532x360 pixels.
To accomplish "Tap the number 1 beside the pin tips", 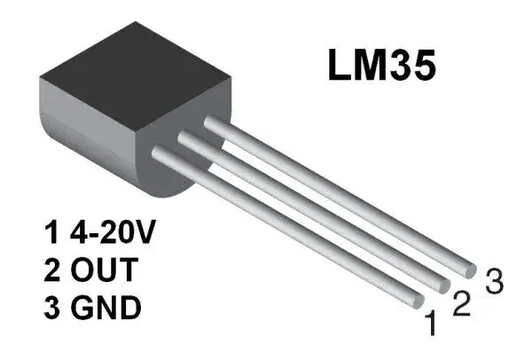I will point(432,325).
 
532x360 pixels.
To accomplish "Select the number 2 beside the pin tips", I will point(461,304).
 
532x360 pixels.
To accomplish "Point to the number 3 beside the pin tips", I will point(494,283).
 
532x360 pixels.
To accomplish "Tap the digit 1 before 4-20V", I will point(51,235).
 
